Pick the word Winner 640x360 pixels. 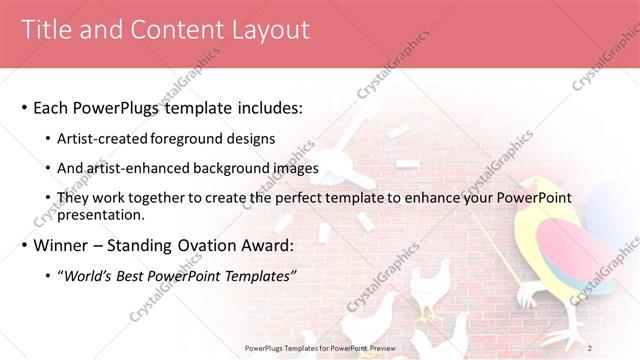click(62, 245)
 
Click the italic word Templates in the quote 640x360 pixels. click(259, 276)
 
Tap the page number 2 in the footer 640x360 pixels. click(590, 348)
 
